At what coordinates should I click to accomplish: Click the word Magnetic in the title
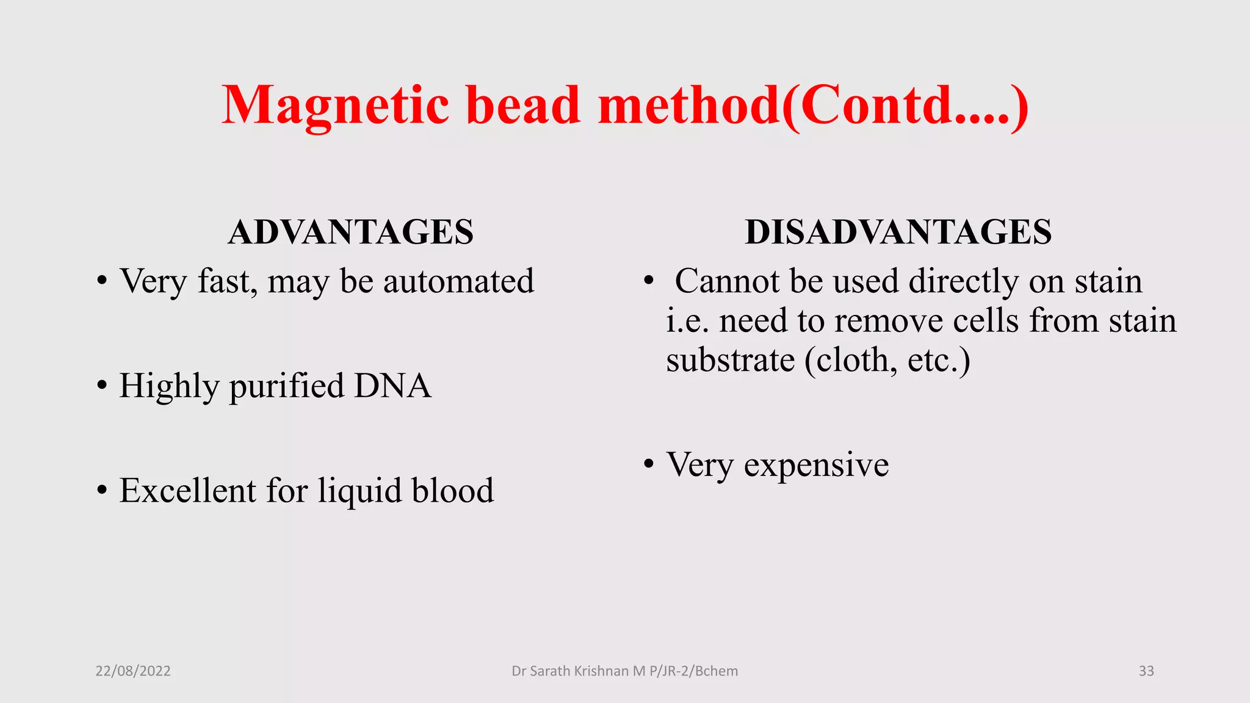pyautogui.click(x=336, y=105)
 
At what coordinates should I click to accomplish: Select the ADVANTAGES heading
pyautogui.click(x=350, y=232)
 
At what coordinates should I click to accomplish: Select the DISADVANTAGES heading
pyautogui.click(x=898, y=232)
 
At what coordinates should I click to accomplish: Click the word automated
pyautogui.click(x=458, y=281)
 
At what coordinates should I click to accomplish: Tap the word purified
pyautogui.click(x=286, y=387)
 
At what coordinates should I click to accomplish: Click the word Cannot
pyautogui.click(x=727, y=281)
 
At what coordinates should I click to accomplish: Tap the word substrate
pyautogui.click(x=730, y=360)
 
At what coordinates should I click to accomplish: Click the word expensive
pyautogui.click(x=816, y=466)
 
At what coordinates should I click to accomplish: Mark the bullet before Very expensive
pyautogui.click(x=649, y=464)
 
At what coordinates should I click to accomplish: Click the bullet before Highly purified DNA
pyautogui.click(x=102, y=386)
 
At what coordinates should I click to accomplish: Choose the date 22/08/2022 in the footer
pyautogui.click(x=133, y=671)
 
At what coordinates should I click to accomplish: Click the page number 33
pyautogui.click(x=1146, y=671)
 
